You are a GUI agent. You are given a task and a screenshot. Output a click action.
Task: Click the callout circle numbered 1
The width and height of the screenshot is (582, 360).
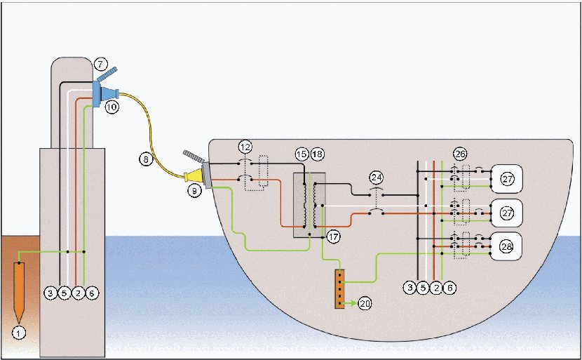[18, 333]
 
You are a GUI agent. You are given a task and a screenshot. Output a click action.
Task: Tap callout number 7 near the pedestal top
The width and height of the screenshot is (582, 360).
[100, 65]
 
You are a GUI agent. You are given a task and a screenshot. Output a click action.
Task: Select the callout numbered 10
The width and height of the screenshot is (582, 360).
[111, 107]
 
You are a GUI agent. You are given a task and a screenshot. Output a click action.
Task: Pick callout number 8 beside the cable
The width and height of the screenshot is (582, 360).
[147, 160]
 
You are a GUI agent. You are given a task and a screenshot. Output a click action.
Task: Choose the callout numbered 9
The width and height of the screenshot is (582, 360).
[194, 191]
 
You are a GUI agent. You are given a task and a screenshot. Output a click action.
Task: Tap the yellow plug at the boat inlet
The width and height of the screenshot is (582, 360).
[194, 176]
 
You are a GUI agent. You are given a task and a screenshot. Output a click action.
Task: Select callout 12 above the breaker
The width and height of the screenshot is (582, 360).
[245, 147]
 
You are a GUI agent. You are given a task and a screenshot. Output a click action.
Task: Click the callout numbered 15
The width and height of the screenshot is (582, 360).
[302, 154]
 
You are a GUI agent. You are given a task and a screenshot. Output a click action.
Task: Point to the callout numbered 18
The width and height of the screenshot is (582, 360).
[318, 154]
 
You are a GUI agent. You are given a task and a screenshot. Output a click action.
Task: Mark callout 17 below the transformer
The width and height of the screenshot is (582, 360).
[333, 237]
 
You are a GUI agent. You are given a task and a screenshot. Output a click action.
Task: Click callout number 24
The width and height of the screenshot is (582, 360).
[377, 178]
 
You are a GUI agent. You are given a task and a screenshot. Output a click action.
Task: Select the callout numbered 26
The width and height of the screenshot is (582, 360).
[460, 154]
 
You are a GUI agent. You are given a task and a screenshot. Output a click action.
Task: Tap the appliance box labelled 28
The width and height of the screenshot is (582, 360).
[507, 246]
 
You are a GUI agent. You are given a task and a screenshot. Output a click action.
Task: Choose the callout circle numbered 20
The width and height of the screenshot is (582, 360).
[365, 304]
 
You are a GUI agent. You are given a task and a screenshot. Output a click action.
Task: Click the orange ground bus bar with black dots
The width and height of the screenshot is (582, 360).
[339, 288]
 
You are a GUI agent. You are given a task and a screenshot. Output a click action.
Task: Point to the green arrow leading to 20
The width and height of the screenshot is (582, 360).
[349, 304]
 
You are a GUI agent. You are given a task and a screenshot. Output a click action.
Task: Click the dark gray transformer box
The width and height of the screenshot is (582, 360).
[309, 205]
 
